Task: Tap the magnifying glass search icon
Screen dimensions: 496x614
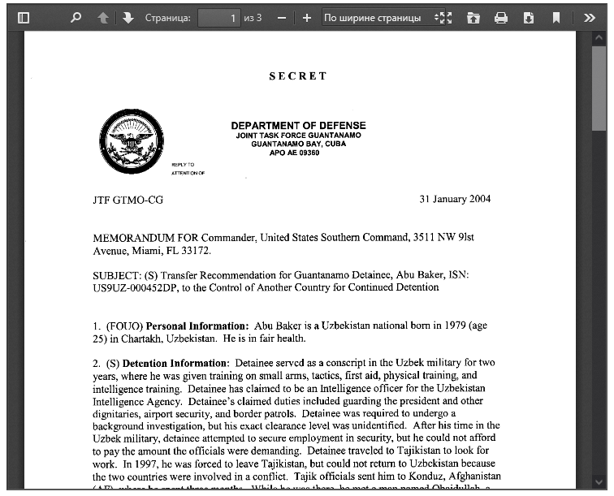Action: [76, 17]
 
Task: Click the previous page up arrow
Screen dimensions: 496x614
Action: [103, 17]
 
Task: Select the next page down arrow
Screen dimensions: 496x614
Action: [128, 17]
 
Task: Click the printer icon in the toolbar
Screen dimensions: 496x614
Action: [501, 17]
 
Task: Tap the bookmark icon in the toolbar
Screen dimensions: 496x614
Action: [556, 17]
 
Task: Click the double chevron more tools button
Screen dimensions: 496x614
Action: [590, 17]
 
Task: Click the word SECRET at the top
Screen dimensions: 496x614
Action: [298, 76]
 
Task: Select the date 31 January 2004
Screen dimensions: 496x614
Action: [455, 199]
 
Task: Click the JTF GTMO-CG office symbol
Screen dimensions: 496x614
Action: [128, 200]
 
